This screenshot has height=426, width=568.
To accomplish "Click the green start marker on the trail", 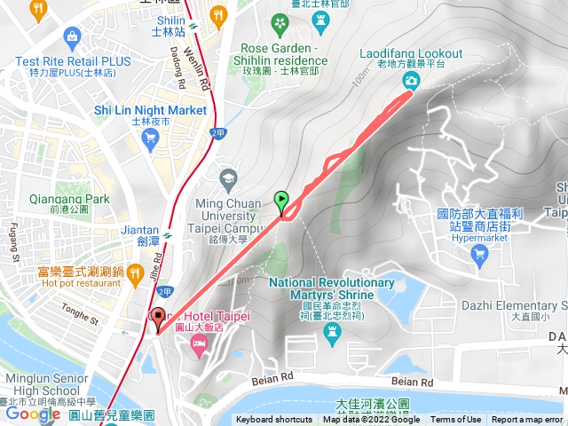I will pos(282,201).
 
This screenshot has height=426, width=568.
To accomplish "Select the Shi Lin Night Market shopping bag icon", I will pos(150,137).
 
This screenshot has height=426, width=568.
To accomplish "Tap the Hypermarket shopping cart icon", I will pos(480,255).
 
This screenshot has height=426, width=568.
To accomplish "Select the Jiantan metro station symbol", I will pos(167,235).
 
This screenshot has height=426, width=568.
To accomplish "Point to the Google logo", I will pos(33,414).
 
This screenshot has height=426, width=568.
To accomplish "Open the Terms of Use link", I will pos(456,420).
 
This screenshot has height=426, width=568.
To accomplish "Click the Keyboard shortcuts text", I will pos(274,420).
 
